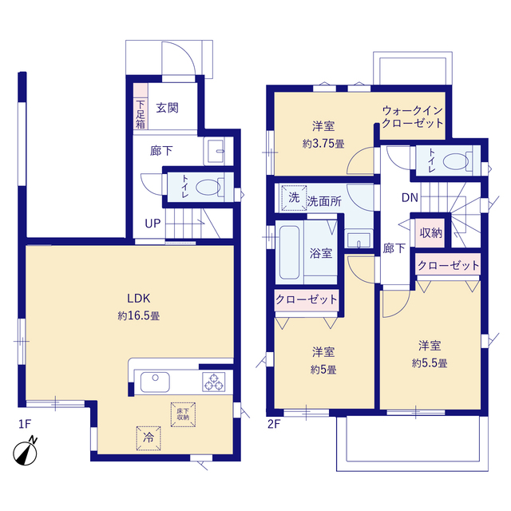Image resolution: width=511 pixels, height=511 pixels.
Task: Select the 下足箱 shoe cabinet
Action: tap(140, 113)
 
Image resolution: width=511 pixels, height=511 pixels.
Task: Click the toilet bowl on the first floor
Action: tap(208, 188)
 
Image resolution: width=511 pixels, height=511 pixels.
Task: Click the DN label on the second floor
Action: tap(410, 198)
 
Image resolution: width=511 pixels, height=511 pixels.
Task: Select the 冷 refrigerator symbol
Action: tap(149, 437)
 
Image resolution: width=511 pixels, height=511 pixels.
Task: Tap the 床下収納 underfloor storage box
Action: tap(182, 412)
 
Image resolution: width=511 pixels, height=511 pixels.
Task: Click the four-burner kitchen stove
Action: tap(214, 383)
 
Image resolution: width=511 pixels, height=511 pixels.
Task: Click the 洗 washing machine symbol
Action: tap(293, 197)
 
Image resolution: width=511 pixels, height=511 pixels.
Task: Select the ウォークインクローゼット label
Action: tap(412, 117)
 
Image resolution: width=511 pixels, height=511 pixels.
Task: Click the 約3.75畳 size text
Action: tap(323, 144)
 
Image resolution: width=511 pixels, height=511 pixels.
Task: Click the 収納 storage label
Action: tap(431, 232)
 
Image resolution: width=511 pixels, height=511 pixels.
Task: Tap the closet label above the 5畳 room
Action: tap(307, 300)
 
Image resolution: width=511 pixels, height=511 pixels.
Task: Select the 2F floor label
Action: tap(274, 425)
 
